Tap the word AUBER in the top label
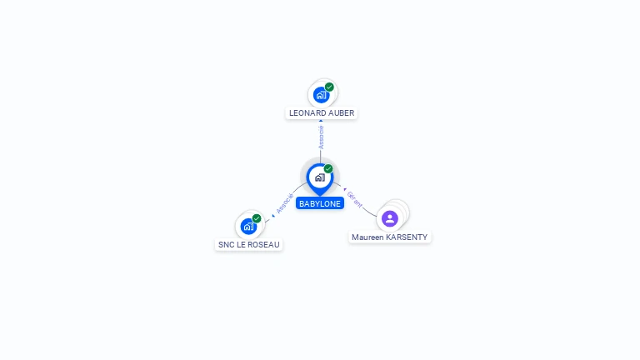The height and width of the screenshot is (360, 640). point(342,113)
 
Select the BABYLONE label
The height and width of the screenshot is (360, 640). point(320,203)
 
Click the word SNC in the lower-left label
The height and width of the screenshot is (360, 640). point(227,245)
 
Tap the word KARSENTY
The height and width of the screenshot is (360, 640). point(407,237)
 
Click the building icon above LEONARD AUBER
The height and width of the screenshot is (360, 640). point(321,95)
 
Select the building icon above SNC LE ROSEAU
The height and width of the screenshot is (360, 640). point(248,227)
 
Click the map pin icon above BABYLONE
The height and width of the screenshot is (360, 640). point(320,179)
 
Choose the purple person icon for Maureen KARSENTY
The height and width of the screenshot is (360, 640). point(390,219)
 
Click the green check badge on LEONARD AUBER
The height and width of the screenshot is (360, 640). point(329,87)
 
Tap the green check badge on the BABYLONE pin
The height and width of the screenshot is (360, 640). point(328,168)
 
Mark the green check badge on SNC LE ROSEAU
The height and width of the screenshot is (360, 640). point(257,218)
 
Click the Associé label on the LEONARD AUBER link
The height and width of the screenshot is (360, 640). point(321,137)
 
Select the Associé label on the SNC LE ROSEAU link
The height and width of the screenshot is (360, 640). point(285,203)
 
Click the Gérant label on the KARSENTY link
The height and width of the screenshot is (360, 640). point(354,200)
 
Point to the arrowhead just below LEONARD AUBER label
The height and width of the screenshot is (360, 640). point(321,121)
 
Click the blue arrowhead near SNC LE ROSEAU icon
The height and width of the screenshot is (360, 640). point(273,216)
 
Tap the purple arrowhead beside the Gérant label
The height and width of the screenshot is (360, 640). point(345,189)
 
